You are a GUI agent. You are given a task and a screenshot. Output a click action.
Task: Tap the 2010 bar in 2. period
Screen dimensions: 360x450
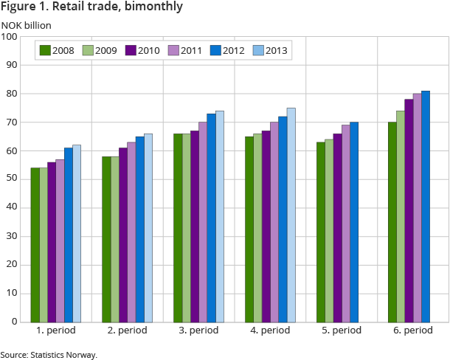click(123, 235)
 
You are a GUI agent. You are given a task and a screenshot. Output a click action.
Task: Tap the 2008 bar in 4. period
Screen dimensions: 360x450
click(249, 229)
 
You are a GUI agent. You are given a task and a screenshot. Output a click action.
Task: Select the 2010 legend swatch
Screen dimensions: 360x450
click(131, 51)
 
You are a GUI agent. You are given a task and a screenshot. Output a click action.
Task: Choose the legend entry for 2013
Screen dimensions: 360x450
click(269, 51)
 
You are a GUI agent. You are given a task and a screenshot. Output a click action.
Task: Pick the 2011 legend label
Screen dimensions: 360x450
click(187, 51)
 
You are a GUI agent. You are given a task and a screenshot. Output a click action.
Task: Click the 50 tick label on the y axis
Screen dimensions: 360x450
click(14, 179)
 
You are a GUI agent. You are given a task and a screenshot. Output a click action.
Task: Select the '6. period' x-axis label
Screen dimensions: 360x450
click(412, 331)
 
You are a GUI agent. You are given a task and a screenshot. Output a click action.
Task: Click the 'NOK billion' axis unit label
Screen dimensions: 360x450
click(26, 24)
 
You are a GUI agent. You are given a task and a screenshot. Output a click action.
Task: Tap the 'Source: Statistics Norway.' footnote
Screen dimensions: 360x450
click(49, 355)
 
